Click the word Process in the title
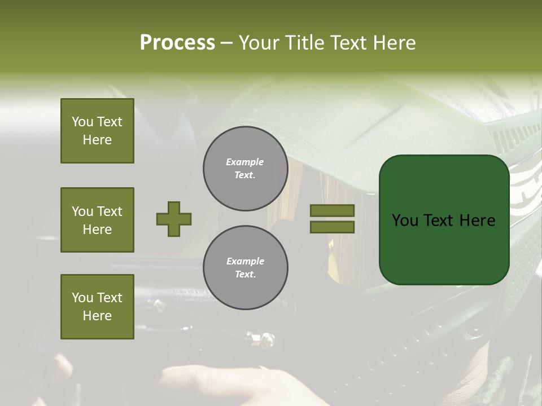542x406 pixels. pos(177,43)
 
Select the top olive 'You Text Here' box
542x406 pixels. pos(97,131)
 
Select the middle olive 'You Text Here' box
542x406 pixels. pos(97,220)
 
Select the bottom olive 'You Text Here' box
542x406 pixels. pos(97,306)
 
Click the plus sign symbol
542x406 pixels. pos(174,219)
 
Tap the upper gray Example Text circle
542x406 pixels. pos(245,168)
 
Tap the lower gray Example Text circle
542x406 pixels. pos(245,267)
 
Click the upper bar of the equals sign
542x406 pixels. pos(332,210)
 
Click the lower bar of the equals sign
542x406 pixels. pos(332,227)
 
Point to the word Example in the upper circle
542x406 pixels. pos(245,162)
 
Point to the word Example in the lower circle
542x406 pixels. pos(245,261)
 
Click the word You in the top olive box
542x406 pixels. pos(82,122)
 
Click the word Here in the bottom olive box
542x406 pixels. pos(97,316)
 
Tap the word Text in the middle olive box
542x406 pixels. pos(110,211)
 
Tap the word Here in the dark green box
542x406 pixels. pos(477,220)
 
